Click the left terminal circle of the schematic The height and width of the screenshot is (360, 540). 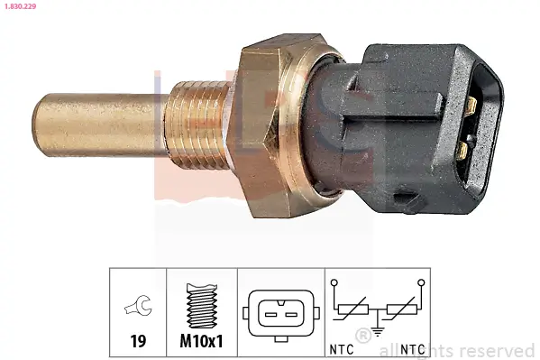coord(335,284)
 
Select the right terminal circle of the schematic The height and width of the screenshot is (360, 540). coord(420,284)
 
